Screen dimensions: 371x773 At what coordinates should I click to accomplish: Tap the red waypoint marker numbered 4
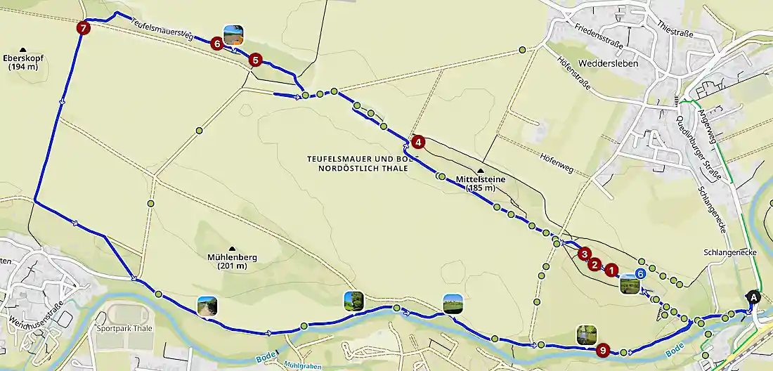(x=418, y=142)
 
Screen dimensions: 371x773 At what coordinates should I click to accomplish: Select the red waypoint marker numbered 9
(x=602, y=349)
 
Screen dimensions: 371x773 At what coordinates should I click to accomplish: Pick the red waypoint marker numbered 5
(x=255, y=60)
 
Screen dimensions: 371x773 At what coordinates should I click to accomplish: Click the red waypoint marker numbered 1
(x=611, y=268)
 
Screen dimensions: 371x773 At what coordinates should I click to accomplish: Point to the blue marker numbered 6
(x=640, y=273)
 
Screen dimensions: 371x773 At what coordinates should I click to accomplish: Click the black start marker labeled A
(x=754, y=297)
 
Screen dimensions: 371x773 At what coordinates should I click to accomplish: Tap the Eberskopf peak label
(x=23, y=62)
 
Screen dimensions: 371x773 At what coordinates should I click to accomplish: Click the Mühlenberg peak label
(x=232, y=261)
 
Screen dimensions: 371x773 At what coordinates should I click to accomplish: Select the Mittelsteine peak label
(x=481, y=183)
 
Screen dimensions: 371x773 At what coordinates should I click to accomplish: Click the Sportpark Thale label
(x=124, y=328)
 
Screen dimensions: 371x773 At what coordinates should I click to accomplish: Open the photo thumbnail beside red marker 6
(x=234, y=34)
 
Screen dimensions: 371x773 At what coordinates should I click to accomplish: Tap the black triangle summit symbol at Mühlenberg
(x=232, y=248)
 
